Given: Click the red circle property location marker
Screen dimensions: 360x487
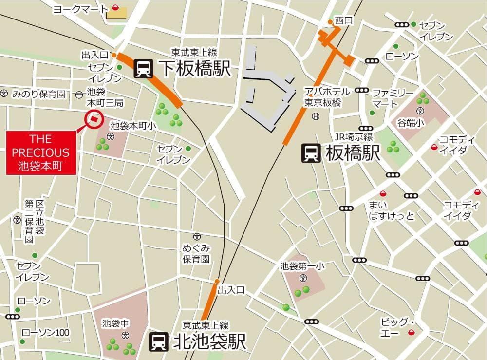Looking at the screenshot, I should pos(93,118).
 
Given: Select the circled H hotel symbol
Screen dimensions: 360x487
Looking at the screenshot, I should pos(316,116).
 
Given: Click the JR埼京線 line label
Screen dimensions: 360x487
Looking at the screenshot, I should pos(354,137).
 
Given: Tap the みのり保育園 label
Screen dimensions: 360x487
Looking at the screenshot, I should pos(39,94).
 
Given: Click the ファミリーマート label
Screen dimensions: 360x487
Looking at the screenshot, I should pos(393,98).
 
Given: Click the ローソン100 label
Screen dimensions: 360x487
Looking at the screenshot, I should pos(46,333).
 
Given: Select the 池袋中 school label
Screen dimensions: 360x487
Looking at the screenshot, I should pos(116,323).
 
